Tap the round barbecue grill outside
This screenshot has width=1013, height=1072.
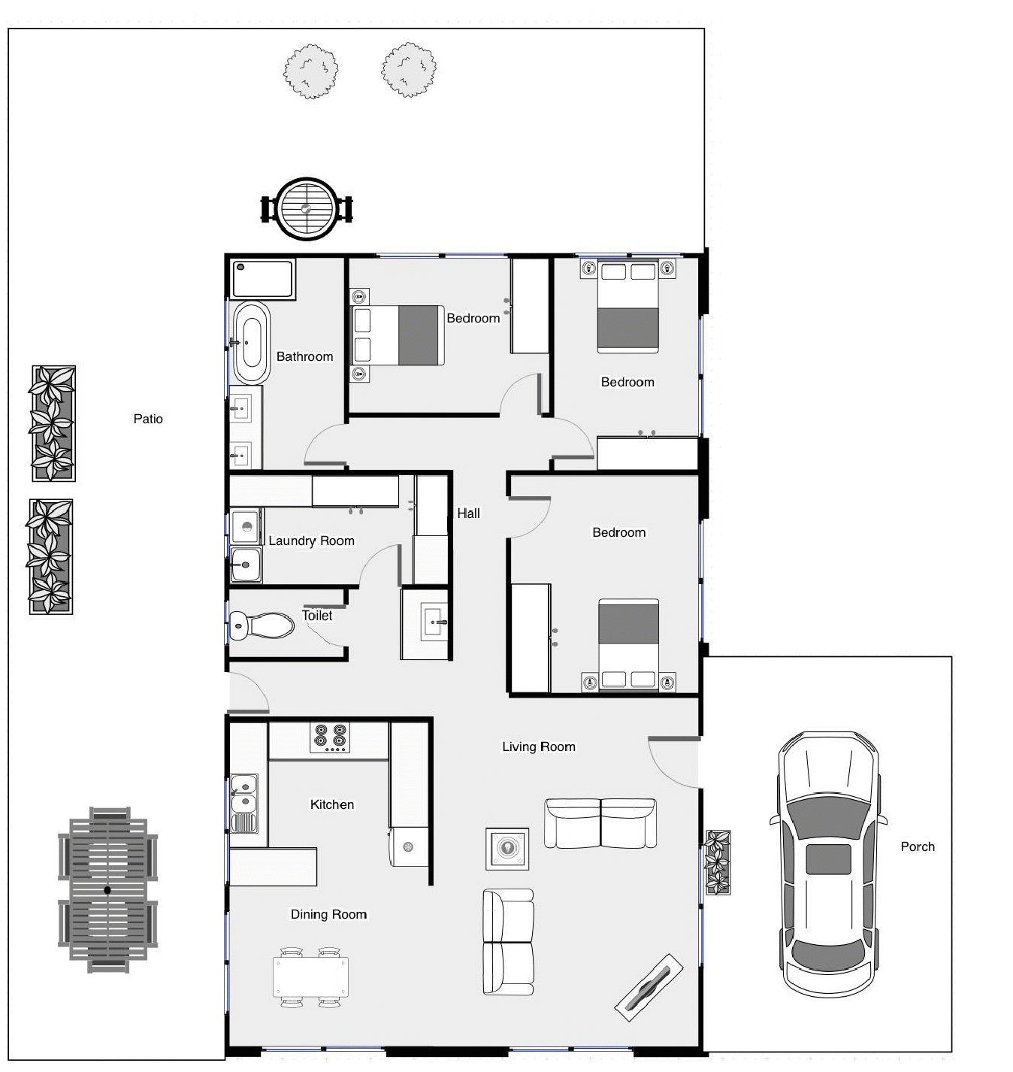point(307,209)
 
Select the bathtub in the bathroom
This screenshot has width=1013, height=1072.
point(251,343)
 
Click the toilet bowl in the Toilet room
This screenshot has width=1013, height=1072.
point(263,624)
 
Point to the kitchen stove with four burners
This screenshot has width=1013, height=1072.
point(331,738)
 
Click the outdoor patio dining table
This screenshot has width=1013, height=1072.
point(108,890)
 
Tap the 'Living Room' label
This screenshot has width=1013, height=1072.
point(539,746)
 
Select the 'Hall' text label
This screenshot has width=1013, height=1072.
point(468,513)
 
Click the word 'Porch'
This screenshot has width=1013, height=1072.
point(918,846)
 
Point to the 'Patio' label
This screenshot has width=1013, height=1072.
point(148,419)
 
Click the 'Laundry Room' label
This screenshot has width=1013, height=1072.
point(311,541)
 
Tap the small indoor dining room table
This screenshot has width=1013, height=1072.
point(310,977)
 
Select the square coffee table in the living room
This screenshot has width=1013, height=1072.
point(507,849)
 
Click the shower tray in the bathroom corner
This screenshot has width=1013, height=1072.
point(262,279)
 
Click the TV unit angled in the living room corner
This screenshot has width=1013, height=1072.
point(649,987)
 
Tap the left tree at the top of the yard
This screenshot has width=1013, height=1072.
point(311,71)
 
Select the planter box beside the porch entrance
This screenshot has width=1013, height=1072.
point(718,862)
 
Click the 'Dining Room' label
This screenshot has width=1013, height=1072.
point(328,914)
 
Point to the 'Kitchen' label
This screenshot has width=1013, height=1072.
point(331,804)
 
